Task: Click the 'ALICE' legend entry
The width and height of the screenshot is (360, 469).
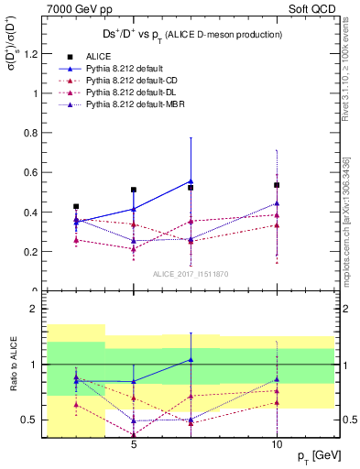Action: [101, 56]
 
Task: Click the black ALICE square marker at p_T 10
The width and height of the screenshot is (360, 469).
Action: [277, 185]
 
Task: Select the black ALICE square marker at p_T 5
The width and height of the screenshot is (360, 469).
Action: [134, 190]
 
